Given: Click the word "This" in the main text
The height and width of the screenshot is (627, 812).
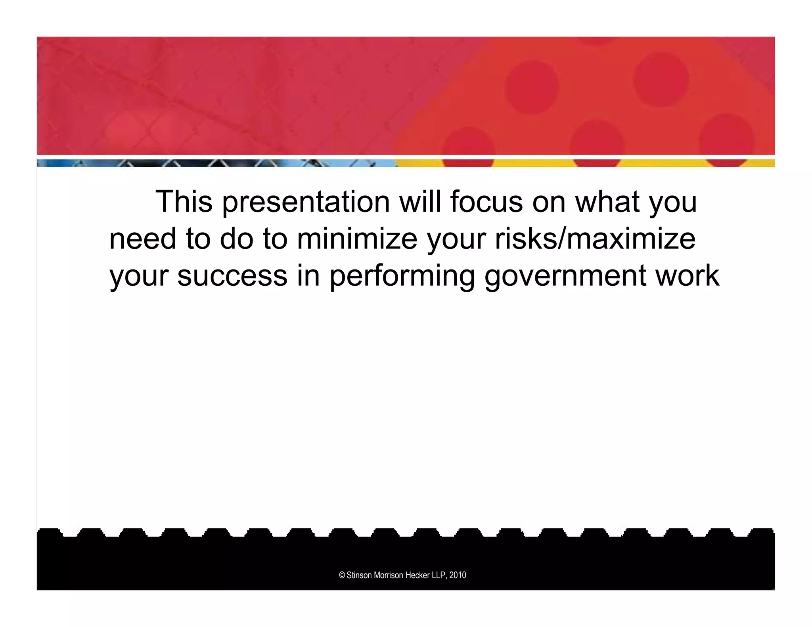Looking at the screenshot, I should pos(184,201).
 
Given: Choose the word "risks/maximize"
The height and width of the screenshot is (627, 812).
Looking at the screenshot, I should pos(595,239).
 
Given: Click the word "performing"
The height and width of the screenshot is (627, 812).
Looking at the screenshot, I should pos(402,276).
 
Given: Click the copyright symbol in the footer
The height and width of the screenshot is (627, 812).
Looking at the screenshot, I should pos(342,575).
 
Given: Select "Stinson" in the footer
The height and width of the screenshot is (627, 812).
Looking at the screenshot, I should pos(360,575).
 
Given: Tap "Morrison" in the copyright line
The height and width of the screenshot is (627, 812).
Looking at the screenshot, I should pos(389,575).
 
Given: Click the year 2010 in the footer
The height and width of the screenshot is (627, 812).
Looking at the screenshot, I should pos(458,575).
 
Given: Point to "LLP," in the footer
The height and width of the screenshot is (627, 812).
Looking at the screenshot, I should pos(440,575).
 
